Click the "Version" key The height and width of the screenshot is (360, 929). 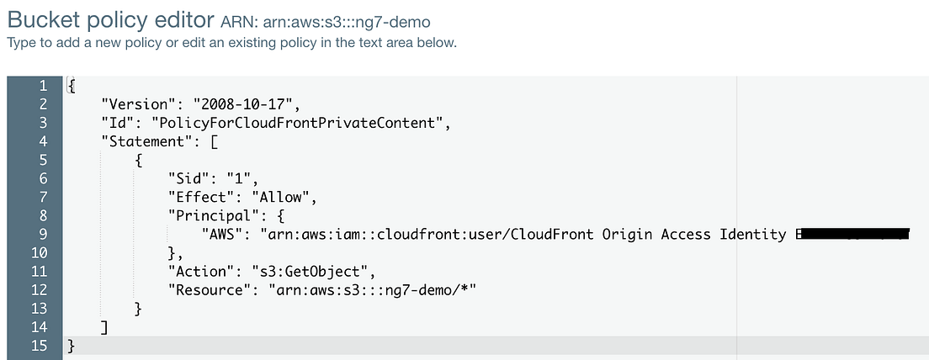pos(139,103)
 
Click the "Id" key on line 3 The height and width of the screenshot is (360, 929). pos(117,123)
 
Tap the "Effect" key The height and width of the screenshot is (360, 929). pos(202,196)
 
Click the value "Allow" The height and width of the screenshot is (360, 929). pos(280,196)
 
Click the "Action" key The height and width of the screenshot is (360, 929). pos(202,271)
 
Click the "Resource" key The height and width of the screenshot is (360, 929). pos(210,289)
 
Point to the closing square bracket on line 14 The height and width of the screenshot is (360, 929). pos(104,326)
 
